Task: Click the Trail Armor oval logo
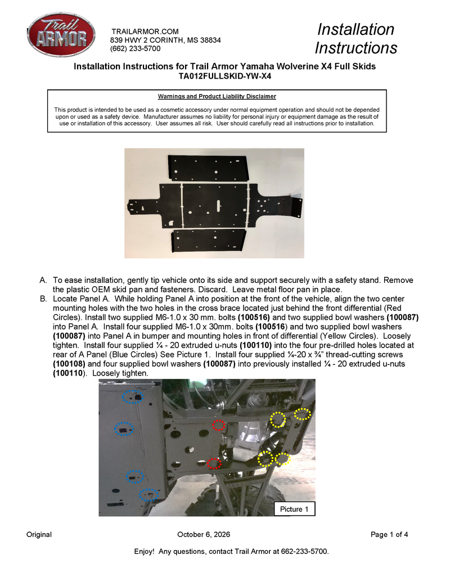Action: pos(61,34)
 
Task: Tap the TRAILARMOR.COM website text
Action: pos(145,31)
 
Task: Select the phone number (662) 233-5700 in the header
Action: pos(135,48)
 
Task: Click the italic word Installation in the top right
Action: pos(355,29)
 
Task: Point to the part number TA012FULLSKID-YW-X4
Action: pos(224,76)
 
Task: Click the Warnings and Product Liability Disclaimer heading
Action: pos(217,97)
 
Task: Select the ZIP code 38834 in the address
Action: pos(210,40)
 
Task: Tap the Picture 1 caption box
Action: pos(294,509)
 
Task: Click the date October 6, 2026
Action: pos(204,535)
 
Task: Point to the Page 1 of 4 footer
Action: pos(389,535)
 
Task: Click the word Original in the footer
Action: pos(39,535)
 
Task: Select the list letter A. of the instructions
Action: pos(43,280)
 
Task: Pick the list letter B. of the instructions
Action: pos(43,299)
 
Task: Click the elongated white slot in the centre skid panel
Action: pos(218,205)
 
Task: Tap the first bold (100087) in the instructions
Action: pos(403,317)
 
